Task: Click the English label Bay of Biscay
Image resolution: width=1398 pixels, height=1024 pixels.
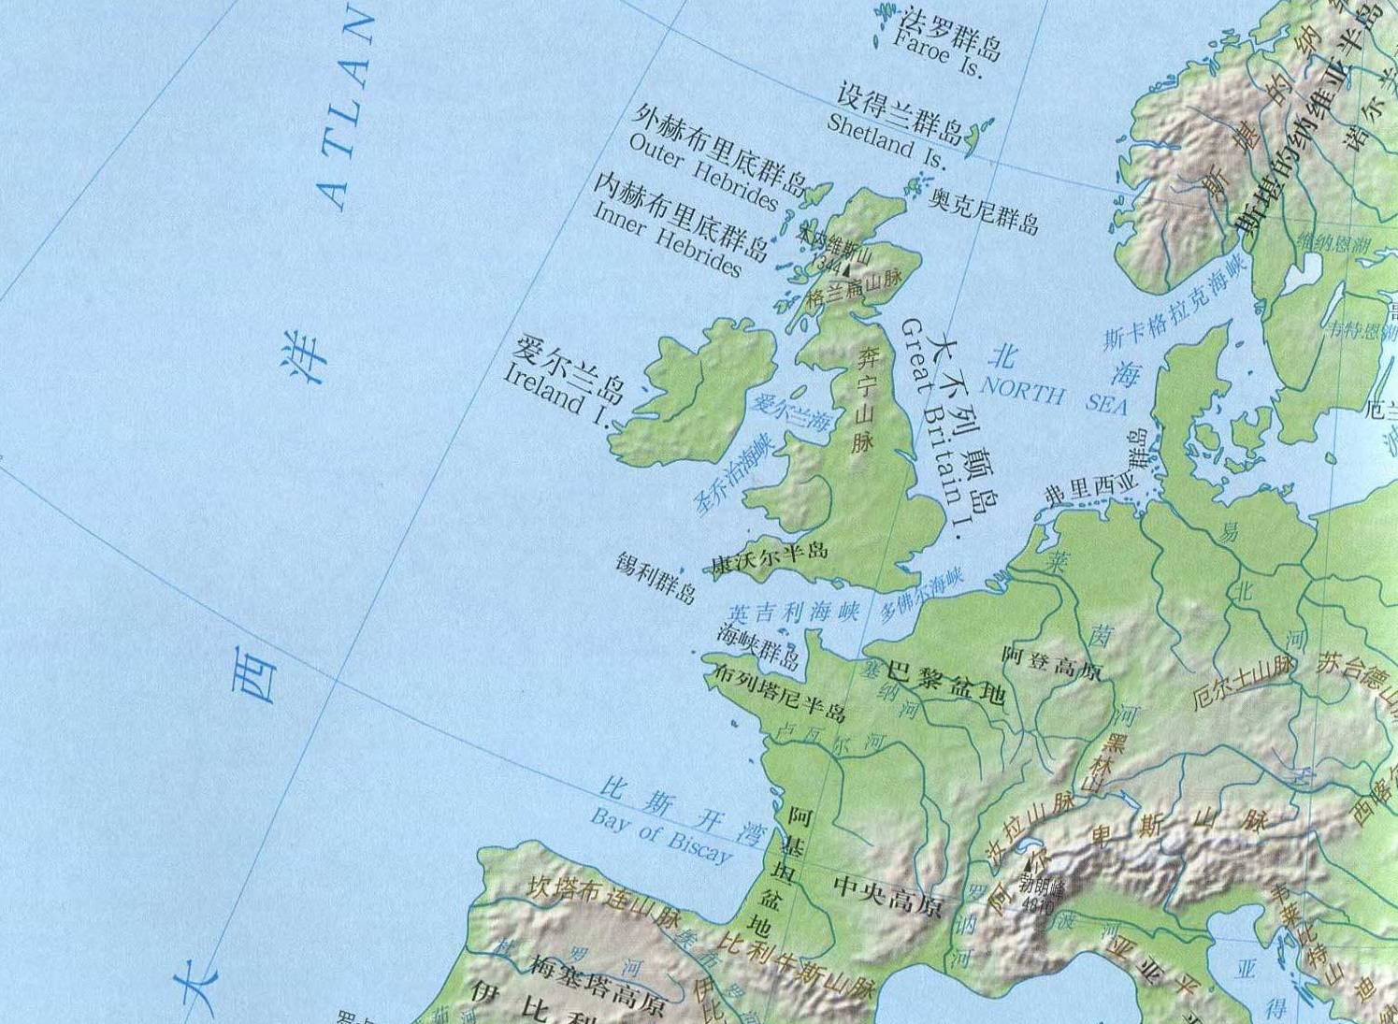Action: point(661,835)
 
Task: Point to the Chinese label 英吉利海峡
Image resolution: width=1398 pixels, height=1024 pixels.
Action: point(793,613)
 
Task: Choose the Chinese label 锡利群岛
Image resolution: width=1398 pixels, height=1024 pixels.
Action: point(656,578)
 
